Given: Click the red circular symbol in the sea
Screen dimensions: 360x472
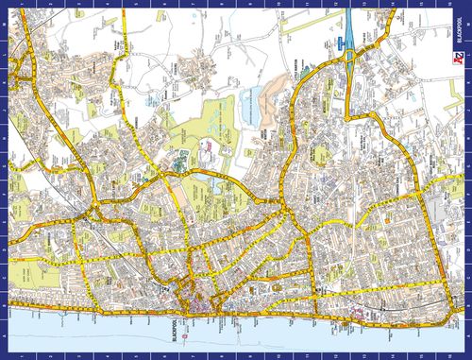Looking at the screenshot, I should tap(187, 336).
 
